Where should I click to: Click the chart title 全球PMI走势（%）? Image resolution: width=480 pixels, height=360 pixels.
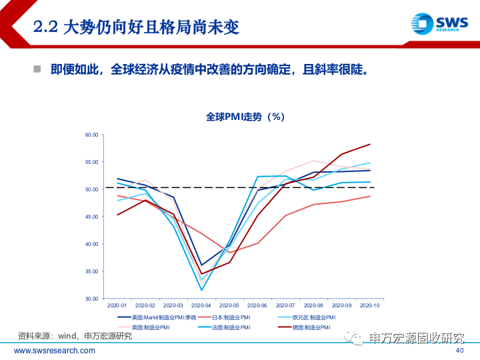(x=245, y=117)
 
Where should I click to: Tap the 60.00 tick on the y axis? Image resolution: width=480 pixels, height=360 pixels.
(x=91, y=135)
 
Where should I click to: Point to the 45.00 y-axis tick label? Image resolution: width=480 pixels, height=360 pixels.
(x=91, y=217)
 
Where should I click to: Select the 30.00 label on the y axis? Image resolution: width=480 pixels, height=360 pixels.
(x=91, y=299)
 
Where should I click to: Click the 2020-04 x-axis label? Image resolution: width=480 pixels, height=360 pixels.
(x=202, y=306)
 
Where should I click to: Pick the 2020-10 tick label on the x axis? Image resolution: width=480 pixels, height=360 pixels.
(x=370, y=306)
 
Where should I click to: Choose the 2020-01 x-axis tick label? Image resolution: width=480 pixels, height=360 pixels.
(x=118, y=306)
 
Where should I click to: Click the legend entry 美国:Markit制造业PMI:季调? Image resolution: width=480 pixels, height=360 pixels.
(x=159, y=318)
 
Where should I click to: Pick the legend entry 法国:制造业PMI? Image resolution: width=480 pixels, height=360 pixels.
(x=231, y=327)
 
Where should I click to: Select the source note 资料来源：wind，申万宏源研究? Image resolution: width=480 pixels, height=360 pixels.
(x=75, y=336)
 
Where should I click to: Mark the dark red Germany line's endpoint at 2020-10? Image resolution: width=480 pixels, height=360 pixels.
(x=370, y=144)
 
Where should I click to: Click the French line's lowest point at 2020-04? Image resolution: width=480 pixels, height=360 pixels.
(x=202, y=290)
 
